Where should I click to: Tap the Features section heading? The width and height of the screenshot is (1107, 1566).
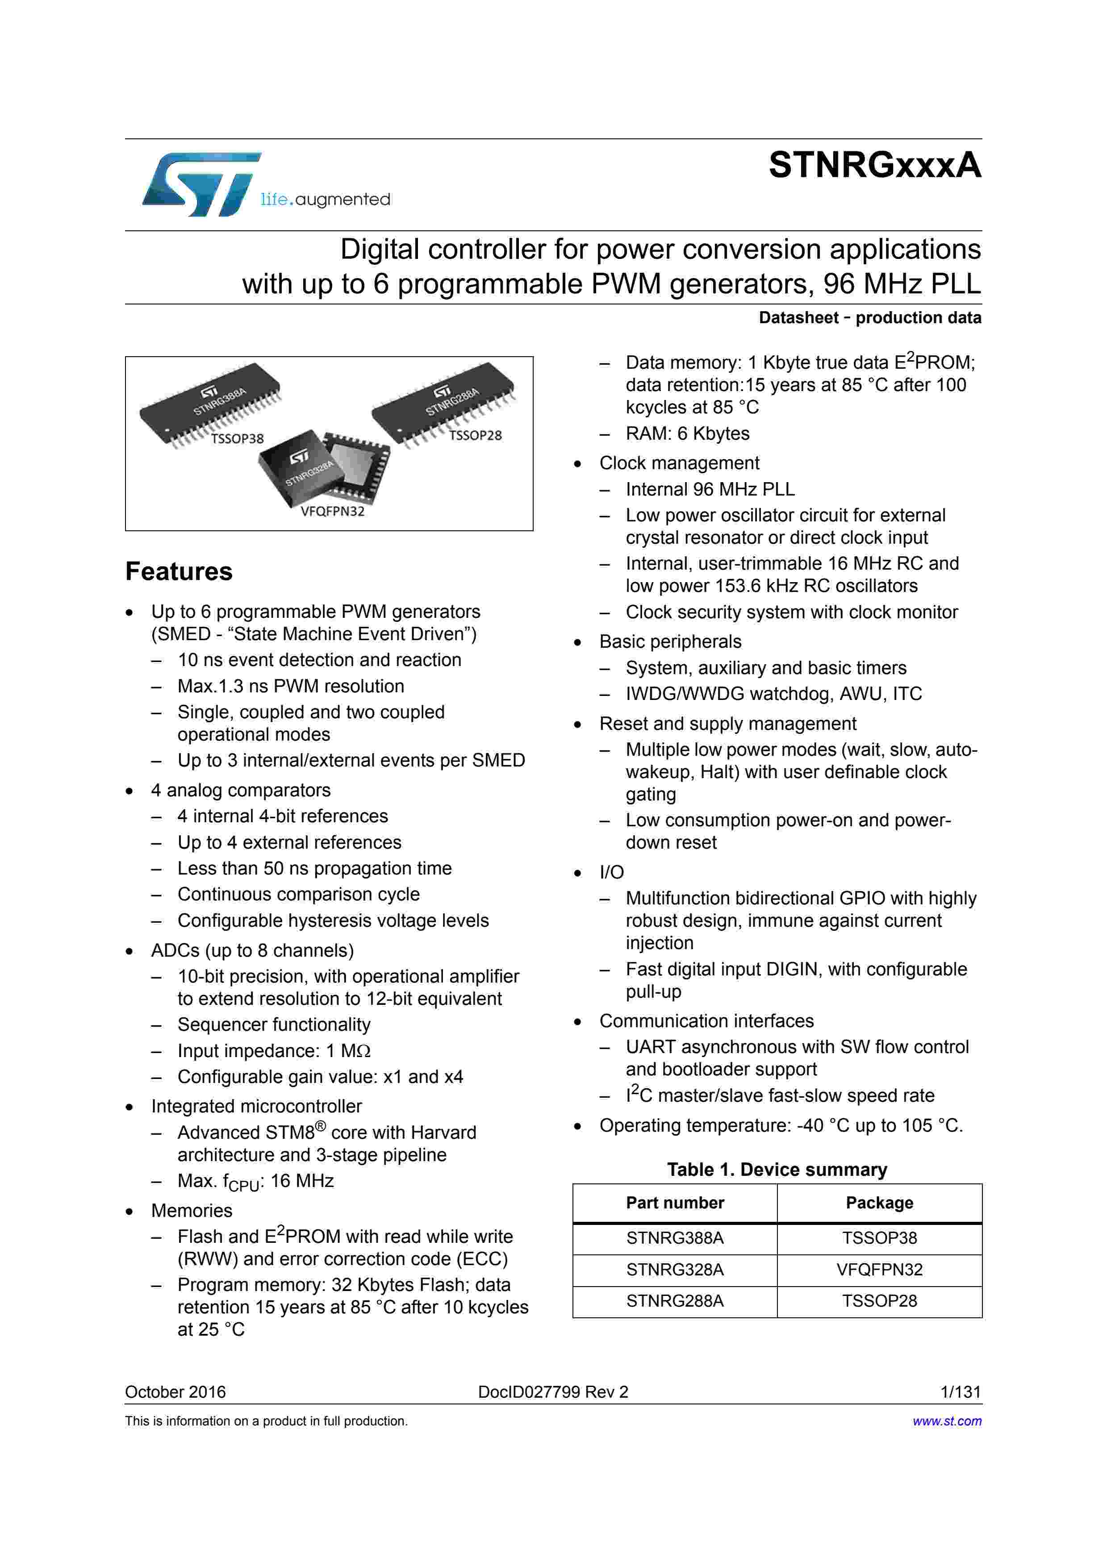[179, 571]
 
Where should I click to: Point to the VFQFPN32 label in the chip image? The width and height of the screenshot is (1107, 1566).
[332, 511]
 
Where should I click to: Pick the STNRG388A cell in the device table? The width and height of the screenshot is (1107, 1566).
[675, 1238]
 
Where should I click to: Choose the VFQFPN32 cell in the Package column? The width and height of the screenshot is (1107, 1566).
[879, 1269]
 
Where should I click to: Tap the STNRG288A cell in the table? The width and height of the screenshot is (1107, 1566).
[675, 1301]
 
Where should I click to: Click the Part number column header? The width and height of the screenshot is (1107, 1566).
[675, 1203]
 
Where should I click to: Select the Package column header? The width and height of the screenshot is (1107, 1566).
[879, 1203]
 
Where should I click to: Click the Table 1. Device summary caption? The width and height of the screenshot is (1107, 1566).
[777, 1170]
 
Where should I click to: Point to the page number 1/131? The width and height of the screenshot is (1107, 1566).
[961, 1392]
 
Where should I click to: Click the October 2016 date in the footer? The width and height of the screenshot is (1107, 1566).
[175, 1392]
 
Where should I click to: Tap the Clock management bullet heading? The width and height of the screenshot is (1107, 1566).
[679, 463]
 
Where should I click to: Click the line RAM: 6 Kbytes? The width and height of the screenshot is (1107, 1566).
[687, 434]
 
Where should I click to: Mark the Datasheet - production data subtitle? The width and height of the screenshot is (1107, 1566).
[869, 318]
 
